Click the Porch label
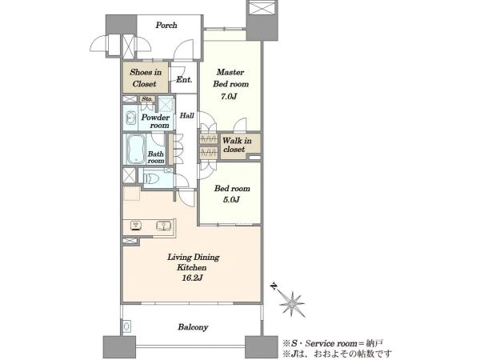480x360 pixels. click(x=166, y=25)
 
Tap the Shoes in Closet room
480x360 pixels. click(x=146, y=78)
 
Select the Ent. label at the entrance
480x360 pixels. click(x=184, y=79)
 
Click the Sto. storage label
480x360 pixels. click(x=147, y=99)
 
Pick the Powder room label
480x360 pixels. click(x=155, y=122)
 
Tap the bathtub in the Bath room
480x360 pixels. click(x=136, y=150)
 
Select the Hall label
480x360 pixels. click(x=186, y=115)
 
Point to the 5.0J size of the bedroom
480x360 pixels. click(x=231, y=200)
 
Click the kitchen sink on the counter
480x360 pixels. click(x=164, y=226)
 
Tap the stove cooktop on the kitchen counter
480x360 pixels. click(x=136, y=226)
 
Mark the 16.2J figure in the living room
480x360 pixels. click(x=194, y=278)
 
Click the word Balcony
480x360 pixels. click(x=193, y=327)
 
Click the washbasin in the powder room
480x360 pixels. click(x=131, y=118)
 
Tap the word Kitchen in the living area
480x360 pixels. click(x=192, y=267)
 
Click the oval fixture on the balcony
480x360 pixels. click(x=126, y=326)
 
